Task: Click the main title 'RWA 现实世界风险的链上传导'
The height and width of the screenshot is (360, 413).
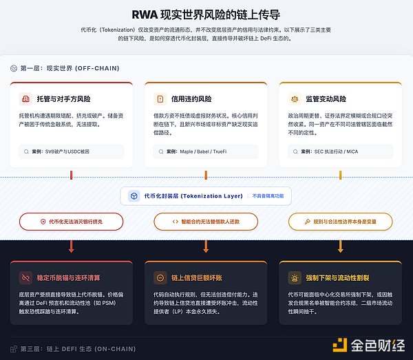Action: coord(206,14)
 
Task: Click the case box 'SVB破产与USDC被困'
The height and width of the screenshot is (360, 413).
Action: coord(72,150)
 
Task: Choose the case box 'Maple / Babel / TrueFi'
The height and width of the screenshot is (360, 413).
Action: coord(206,150)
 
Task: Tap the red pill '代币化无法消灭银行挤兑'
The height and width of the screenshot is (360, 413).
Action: coord(72,222)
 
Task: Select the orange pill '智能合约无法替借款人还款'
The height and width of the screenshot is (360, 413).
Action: coord(206,222)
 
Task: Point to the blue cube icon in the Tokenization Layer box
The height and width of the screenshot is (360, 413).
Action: coord(135,196)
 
